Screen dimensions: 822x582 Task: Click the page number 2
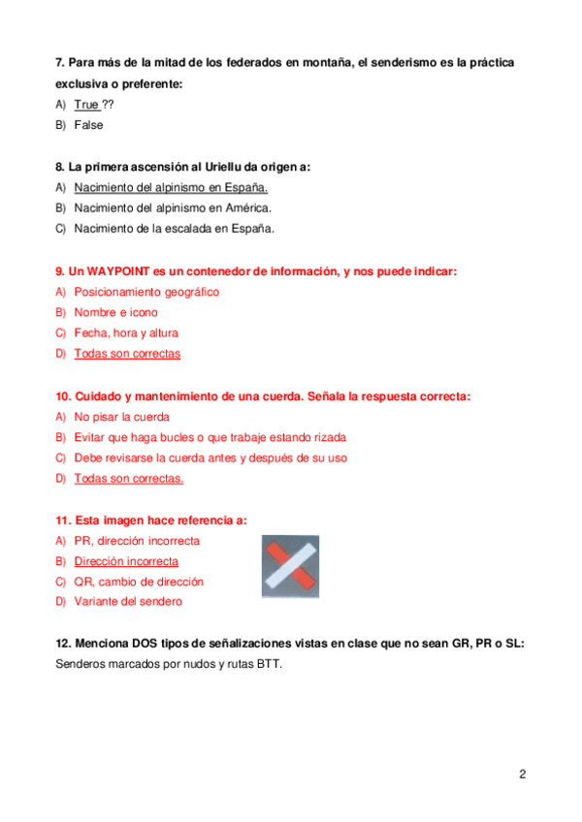point(523,774)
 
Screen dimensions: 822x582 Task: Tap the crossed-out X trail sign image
point(292,567)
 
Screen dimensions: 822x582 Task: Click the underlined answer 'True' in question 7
point(86,104)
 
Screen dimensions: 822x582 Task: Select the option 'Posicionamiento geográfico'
point(146,292)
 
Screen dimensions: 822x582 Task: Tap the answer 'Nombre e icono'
point(115,312)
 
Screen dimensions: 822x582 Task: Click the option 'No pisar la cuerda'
point(121,417)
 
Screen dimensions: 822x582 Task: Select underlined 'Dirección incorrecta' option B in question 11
point(126,561)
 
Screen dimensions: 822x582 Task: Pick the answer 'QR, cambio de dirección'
point(139,582)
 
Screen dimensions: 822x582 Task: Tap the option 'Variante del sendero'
point(128,601)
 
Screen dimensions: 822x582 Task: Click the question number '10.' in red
point(64,396)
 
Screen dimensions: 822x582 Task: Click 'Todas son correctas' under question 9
point(127,354)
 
